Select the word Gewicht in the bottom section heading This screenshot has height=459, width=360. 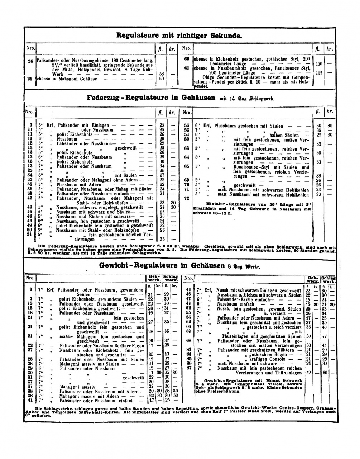(114, 265)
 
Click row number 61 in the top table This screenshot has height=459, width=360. (187, 68)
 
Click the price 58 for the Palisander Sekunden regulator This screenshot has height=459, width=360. (161, 74)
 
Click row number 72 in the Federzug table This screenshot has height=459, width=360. (186, 198)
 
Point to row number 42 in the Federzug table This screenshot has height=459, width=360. (30, 198)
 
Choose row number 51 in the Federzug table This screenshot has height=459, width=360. (30, 235)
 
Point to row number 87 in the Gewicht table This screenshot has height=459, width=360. (188, 368)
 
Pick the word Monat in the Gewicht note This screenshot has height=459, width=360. (272, 380)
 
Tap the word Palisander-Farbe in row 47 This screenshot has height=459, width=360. (237, 299)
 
